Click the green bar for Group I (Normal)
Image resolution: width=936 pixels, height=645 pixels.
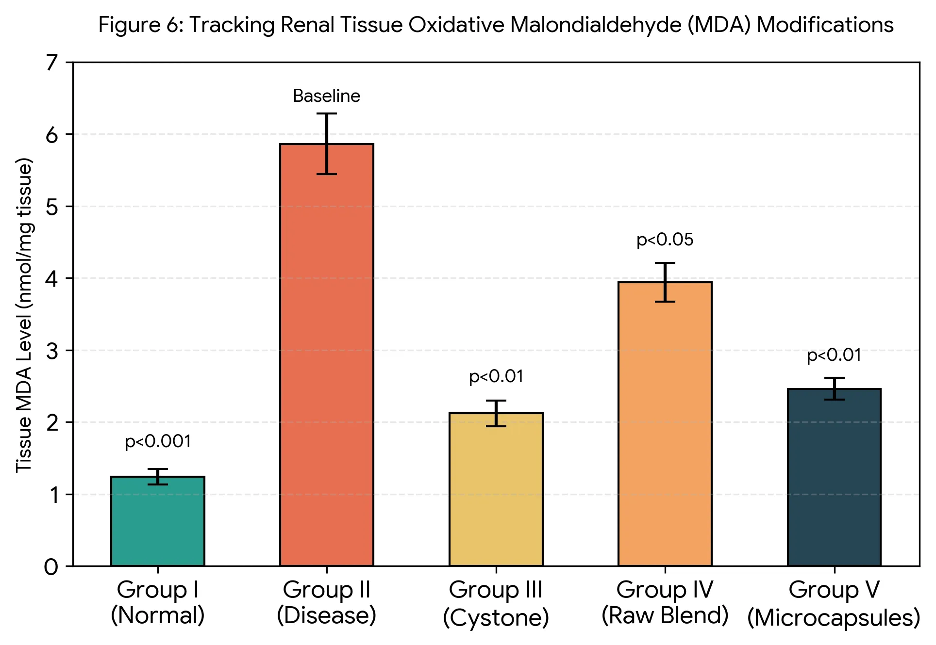[158, 521]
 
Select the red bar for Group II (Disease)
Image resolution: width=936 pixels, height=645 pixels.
[327, 355]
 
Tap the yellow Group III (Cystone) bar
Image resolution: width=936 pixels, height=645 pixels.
[496, 489]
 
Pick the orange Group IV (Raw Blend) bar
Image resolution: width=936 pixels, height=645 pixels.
[665, 424]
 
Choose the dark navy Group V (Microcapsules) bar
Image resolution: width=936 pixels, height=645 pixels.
[834, 477]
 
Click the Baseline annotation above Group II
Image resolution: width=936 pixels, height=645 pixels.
[327, 96]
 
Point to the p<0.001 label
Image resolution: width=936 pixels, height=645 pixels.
[158, 442]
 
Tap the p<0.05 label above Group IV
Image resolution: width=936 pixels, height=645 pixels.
[665, 240]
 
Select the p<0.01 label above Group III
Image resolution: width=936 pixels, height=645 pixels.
[496, 377]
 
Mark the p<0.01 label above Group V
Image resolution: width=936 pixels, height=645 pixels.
[834, 355]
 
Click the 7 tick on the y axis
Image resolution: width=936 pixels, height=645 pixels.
[52, 63]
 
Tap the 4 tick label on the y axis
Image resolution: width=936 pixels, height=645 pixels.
[51, 278]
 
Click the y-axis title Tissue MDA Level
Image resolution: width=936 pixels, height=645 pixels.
[24, 315]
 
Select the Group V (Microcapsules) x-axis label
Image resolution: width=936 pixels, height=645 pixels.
[834, 604]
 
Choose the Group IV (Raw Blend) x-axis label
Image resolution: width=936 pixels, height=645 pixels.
[665, 603]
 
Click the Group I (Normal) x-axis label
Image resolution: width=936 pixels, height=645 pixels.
[158, 603]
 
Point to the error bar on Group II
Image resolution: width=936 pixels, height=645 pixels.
[327, 144]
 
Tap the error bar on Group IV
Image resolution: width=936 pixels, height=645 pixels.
[665, 282]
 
